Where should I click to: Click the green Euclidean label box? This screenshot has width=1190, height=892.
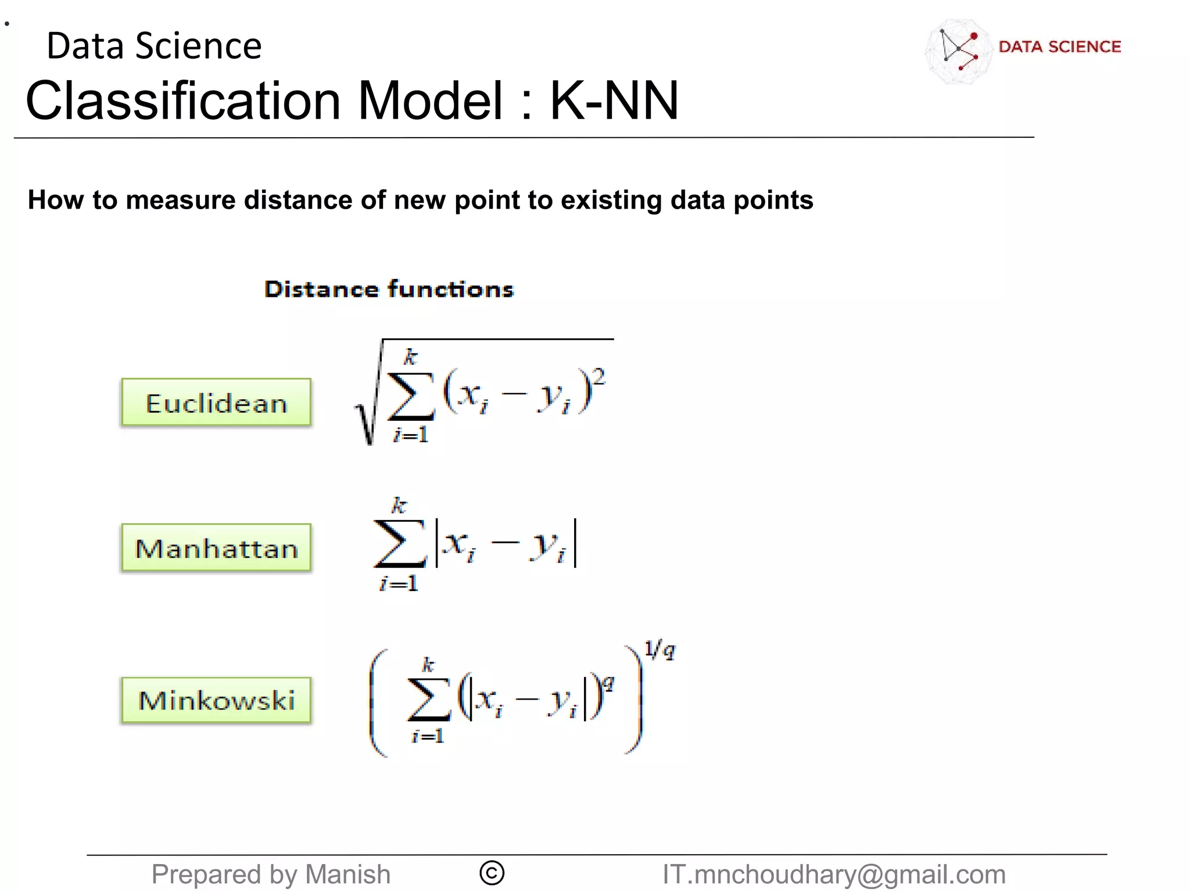click(x=216, y=403)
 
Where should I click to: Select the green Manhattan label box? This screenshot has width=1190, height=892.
click(x=216, y=548)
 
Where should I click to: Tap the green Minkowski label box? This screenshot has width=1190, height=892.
click(x=216, y=700)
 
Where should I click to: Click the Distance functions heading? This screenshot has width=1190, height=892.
click(x=389, y=289)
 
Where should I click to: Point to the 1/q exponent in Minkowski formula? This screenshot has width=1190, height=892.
click(x=659, y=649)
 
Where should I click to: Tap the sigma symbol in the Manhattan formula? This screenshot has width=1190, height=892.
click(x=400, y=543)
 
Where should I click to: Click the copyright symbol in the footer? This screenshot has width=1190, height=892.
click(x=492, y=873)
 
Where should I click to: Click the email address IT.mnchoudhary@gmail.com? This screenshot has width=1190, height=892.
click(x=834, y=875)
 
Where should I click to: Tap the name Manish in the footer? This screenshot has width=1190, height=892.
click(x=347, y=875)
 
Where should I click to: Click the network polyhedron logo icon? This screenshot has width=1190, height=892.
click(x=959, y=51)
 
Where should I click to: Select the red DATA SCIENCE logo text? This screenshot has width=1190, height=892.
click(x=1059, y=46)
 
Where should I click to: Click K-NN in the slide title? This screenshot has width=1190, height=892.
click(x=614, y=101)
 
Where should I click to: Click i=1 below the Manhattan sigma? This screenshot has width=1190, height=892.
click(x=399, y=583)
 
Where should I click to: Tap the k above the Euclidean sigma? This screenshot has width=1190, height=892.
click(x=411, y=357)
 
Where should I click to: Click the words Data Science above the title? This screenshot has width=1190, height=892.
click(x=154, y=46)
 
